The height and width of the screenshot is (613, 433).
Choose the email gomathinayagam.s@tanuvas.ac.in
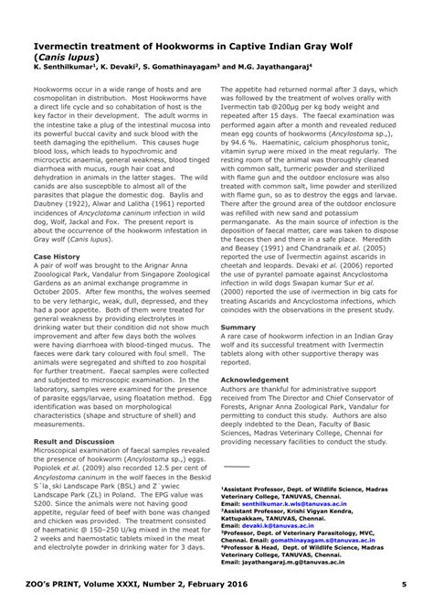click(x=317, y=542)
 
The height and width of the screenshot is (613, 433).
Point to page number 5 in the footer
click(x=403, y=597)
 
